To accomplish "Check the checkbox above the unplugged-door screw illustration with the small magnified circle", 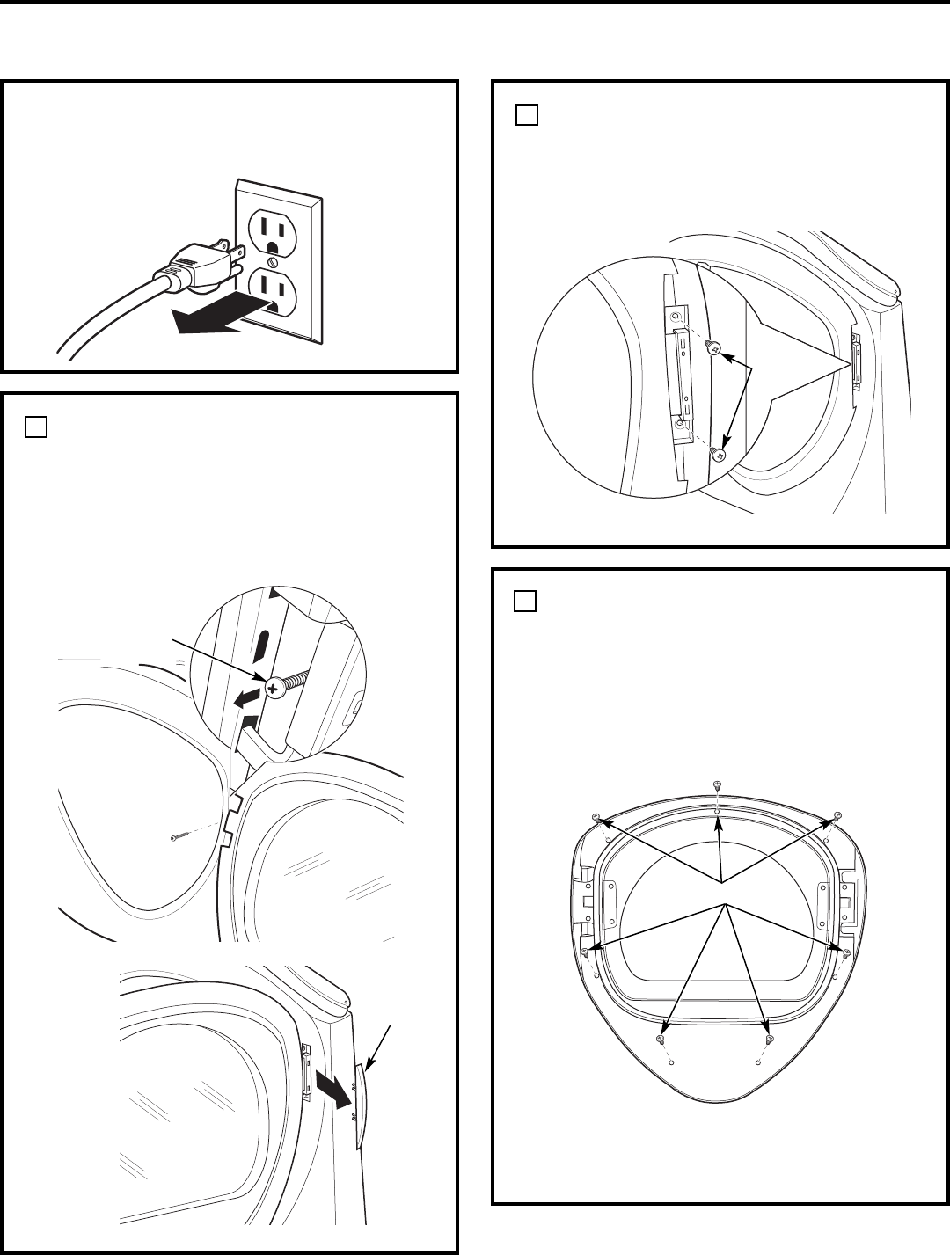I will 35,427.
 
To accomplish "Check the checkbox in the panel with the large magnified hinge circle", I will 526,114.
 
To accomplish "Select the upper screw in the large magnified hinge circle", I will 714,348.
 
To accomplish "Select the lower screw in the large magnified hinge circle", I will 718,455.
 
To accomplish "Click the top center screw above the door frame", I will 717,784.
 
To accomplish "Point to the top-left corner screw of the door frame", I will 598,818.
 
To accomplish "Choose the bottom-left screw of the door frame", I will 660,1040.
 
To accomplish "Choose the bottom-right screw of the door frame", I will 771,1040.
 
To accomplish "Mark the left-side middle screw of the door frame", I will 585,952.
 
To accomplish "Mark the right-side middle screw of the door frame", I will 846,952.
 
